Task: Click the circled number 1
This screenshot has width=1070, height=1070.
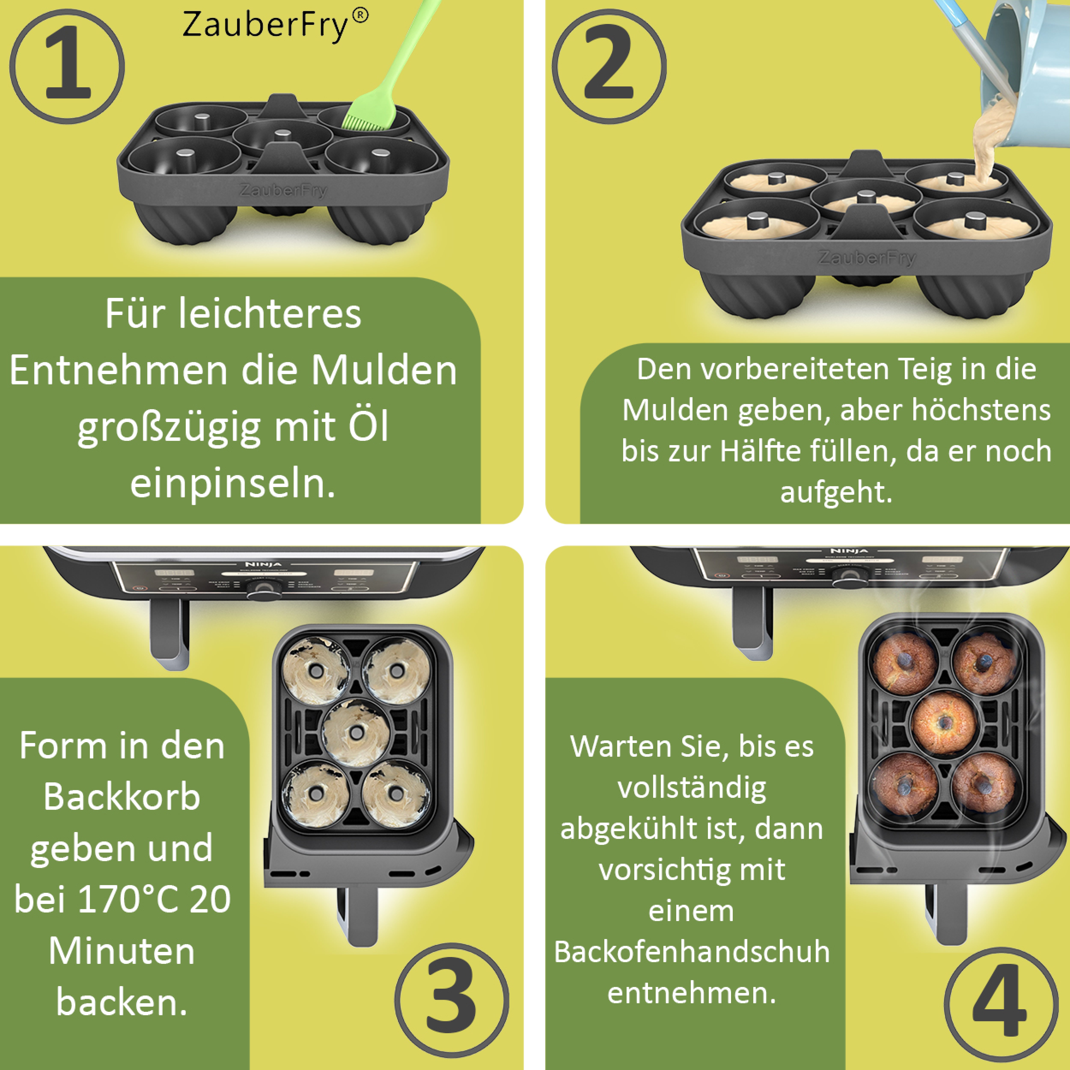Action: [67, 67]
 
